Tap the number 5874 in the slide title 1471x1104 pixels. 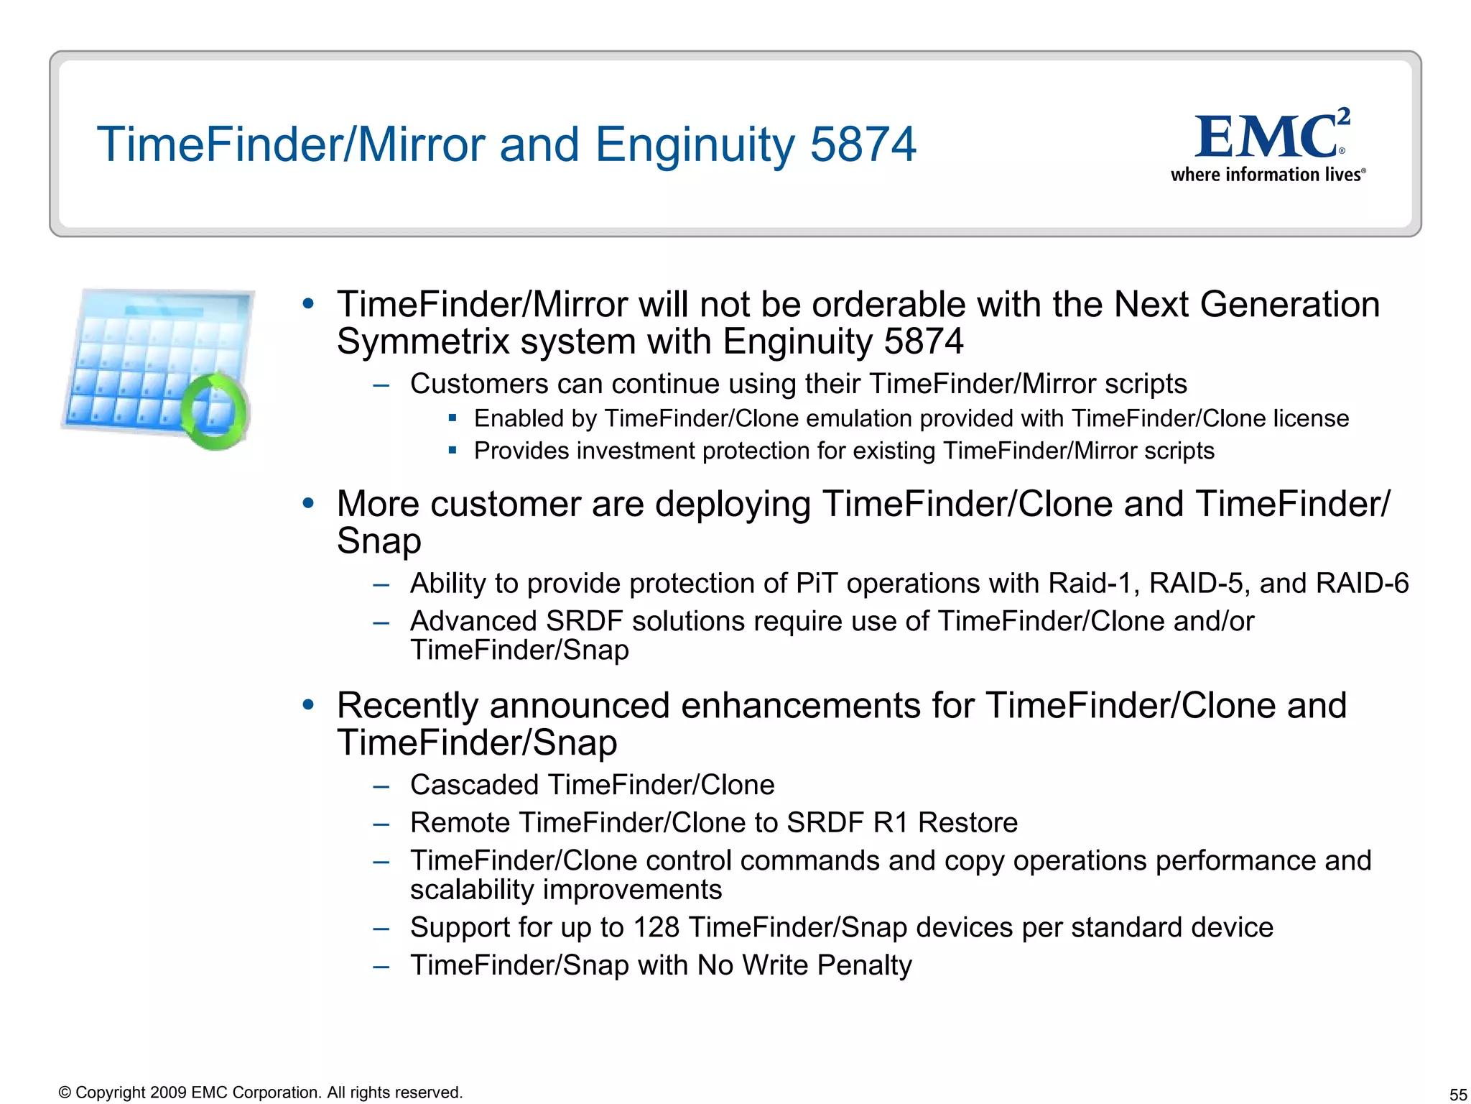pos(863,144)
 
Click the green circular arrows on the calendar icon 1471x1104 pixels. pos(214,411)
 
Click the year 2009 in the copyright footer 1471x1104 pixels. pos(169,1092)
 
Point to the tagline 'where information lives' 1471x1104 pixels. pos(1267,175)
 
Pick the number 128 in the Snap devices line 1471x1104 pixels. pos(656,927)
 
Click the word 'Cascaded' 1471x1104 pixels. pos(474,785)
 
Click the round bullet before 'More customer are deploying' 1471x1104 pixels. pos(308,502)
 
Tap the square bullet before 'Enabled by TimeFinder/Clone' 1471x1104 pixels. pos(453,418)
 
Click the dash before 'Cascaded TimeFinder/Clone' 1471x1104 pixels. pos(381,786)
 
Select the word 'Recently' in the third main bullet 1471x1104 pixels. pos(407,705)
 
